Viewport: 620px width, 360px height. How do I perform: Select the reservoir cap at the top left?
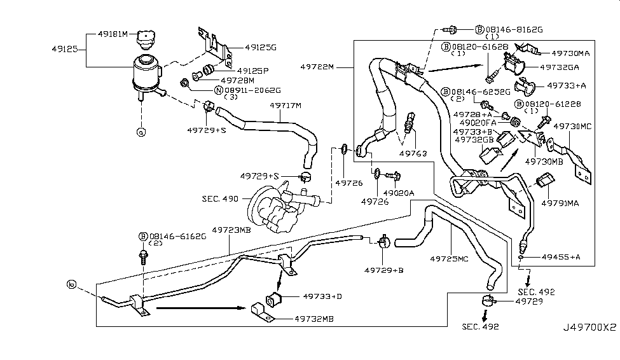(146, 39)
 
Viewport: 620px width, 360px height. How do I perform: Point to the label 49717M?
(285, 106)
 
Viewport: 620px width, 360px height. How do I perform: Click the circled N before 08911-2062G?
(218, 90)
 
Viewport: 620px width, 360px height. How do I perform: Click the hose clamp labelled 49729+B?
(384, 244)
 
